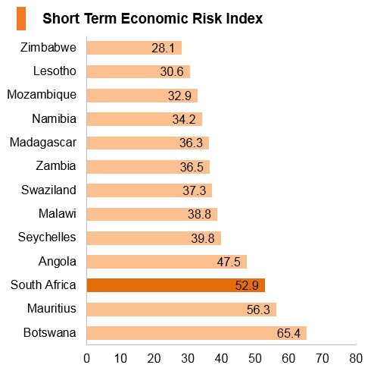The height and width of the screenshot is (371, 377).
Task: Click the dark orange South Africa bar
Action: (176, 285)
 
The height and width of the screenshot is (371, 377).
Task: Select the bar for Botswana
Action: (197, 333)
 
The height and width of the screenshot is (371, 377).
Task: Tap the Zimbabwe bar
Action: (134, 48)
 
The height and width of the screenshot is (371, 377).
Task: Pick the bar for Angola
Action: (167, 262)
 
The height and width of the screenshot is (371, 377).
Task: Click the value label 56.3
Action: (258, 310)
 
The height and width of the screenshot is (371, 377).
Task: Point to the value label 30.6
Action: (172, 71)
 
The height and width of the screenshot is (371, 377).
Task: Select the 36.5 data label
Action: (192, 167)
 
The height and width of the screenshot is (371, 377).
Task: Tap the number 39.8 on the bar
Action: (203, 238)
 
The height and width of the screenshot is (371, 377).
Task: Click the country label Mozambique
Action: (42, 95)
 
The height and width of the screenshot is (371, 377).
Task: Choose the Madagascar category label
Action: (43, 143)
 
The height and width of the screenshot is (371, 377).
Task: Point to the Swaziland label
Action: (48, 190)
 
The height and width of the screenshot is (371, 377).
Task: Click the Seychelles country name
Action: (47, 237)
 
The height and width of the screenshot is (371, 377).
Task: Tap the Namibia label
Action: (54, 118)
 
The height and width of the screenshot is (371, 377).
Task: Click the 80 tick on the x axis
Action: (356, 358)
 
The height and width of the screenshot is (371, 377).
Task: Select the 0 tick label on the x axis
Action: (86, 358)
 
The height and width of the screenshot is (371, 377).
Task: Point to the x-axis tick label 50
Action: (255, 358)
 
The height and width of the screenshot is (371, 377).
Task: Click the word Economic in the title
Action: (155, 18)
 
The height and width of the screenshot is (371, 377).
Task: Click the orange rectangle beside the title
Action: (21, 18)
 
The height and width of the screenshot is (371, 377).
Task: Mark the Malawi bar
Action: (152, 214)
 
